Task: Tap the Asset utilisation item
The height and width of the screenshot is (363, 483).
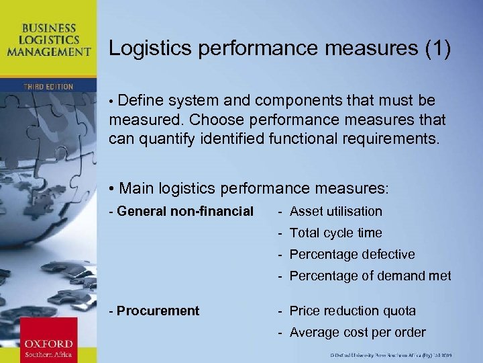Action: [335, 211]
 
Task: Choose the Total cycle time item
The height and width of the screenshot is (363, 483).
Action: [335, 233]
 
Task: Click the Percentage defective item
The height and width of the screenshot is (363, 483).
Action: [352, 254]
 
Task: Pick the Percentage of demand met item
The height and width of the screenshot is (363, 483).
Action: [370, 276]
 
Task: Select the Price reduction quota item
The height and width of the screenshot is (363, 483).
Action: [352, 311]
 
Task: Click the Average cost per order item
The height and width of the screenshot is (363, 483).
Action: [358, 332]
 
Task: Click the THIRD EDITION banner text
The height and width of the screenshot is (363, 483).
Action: [48, 87]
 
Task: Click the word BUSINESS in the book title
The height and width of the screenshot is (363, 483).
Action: [48, 28]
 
